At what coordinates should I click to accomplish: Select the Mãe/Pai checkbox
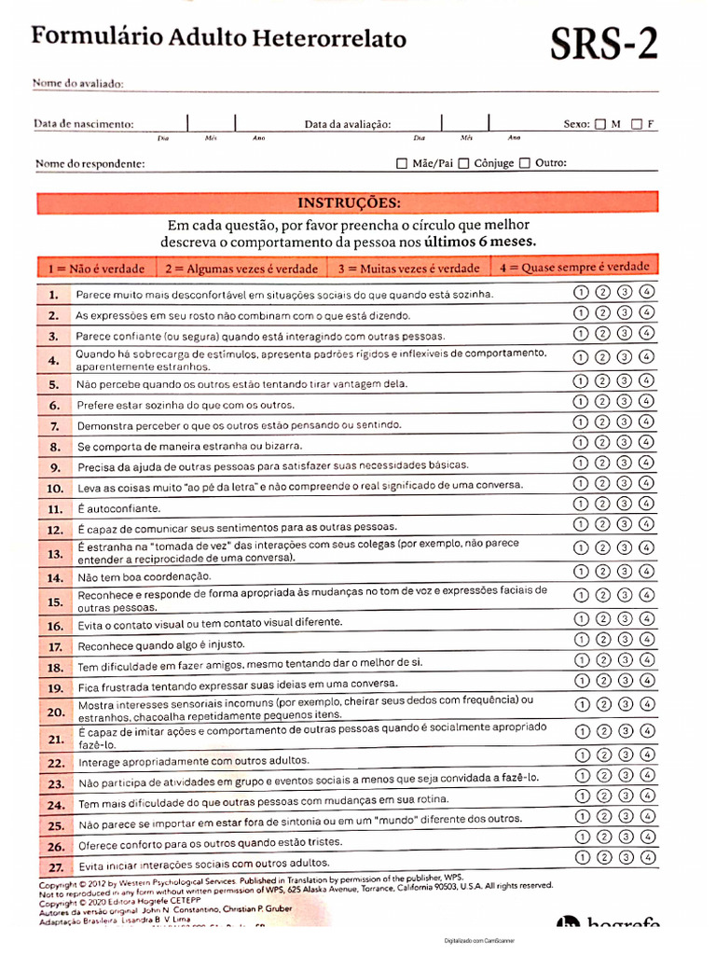click(402, 163)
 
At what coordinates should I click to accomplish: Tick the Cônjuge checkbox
click(463, 163)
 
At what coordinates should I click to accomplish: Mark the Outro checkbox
click(525, 163)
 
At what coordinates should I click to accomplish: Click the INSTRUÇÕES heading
click(349, 202)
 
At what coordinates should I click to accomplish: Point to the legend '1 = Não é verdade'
click(97, 269)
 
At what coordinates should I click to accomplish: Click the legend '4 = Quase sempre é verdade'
click(574, 267)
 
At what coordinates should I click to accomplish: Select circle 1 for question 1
click(580, 292)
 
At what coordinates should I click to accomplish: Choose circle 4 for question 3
click(648, 334)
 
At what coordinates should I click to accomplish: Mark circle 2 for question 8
click(602, 442)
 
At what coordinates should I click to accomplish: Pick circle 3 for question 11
click(626, 505)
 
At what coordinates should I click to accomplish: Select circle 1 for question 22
click(581, 755)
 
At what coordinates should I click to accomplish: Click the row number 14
click(55, 578)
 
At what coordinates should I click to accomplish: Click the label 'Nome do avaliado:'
click(78, 84)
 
